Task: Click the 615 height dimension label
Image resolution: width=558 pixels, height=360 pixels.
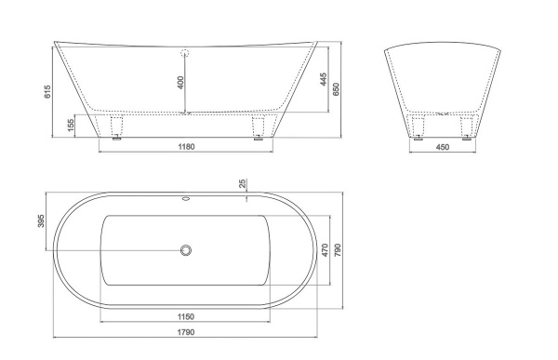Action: pyautogui.click(x=47, y=91)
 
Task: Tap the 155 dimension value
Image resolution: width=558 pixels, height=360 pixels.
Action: pyautogui.click(x=71, y=125)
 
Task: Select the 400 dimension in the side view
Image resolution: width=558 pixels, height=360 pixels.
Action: pyautogui.click(x=180, y=82)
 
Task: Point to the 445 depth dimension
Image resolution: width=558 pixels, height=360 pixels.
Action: pyautogui.click(x=323, y=79)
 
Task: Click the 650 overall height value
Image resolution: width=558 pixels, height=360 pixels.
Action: pyautogui.click(x=336, y=89)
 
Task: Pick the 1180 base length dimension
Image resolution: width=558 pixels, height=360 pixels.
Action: pyautogui.click(x=186, y=147)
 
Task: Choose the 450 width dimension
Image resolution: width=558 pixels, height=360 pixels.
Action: pyautogui.click(x=443, y=147)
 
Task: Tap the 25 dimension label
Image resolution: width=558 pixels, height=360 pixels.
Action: pyautogui.click(x=243, y=184)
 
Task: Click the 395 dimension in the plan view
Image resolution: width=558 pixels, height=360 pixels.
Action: pyautogui.click(x=41, y=221)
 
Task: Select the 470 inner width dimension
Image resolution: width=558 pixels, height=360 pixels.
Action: pyautogui.click(x=325, y=250)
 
